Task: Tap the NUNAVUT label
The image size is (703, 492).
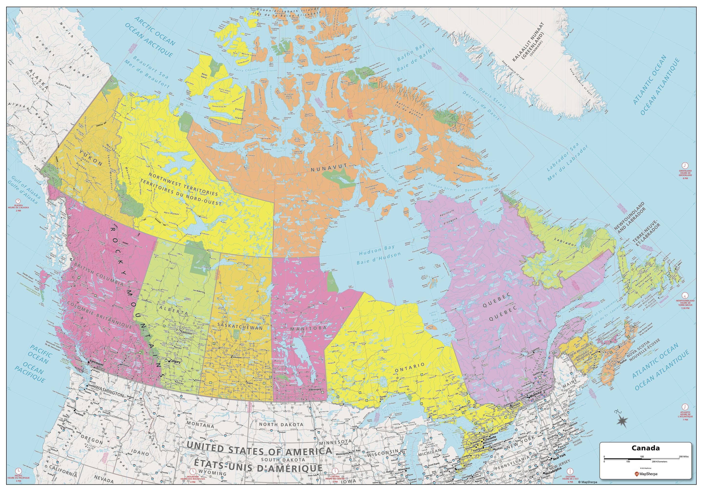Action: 329,167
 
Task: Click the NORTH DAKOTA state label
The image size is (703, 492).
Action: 281,424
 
